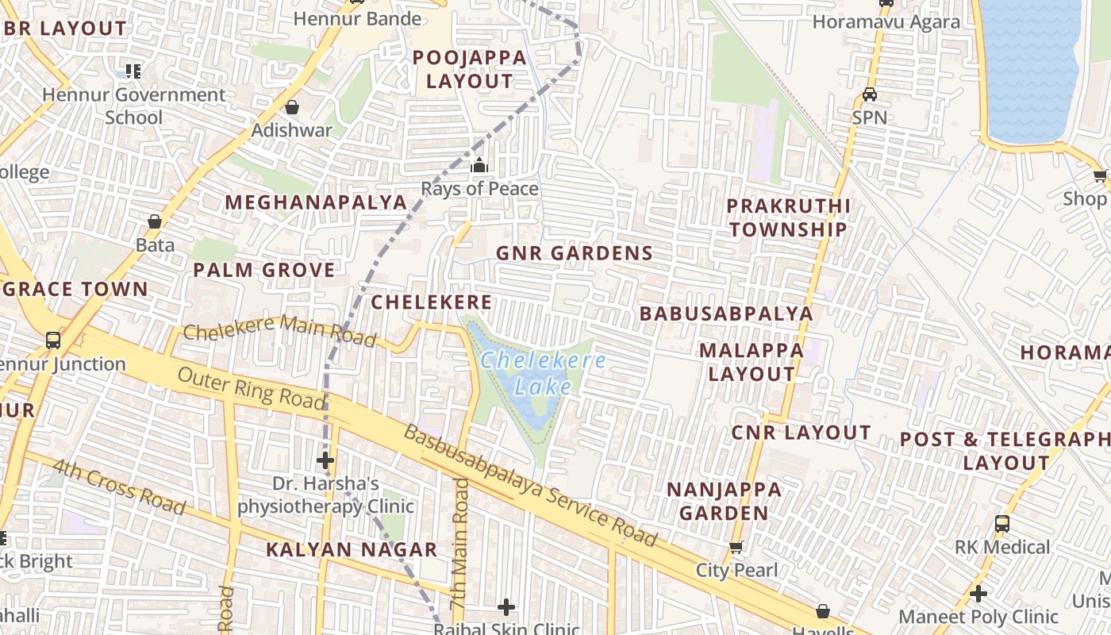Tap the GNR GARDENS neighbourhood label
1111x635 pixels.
click(x=575, y=253)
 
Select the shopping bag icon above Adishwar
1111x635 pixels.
click(x=292, y=107)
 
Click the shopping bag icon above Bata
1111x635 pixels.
click(x=155, y=221)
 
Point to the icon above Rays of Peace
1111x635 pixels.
click(x=479, y=166)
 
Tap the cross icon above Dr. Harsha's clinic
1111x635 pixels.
click(x=325, y=460)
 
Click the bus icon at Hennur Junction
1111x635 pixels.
click(x=53, y=341)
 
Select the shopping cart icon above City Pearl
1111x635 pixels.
click(x=736, y=547)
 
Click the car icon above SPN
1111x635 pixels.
click(x=870, y=94)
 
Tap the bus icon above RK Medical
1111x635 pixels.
click(x=1002, y=524)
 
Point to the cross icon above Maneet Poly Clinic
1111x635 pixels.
click(x=978, y=593)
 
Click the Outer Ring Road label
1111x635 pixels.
click(x=252, y=389)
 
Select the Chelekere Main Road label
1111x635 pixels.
click(x=279, y=330)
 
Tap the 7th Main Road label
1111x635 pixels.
click(x=460, y=544)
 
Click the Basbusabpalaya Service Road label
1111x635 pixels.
click(x=530, y=487)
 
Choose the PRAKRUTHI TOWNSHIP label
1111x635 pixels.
click(x=788, y=217)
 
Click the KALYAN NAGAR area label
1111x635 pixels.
click(x=352, y=549)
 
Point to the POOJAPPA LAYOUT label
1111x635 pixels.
click(x=470, y=69)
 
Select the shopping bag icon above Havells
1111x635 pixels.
click(x=823, y=611)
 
